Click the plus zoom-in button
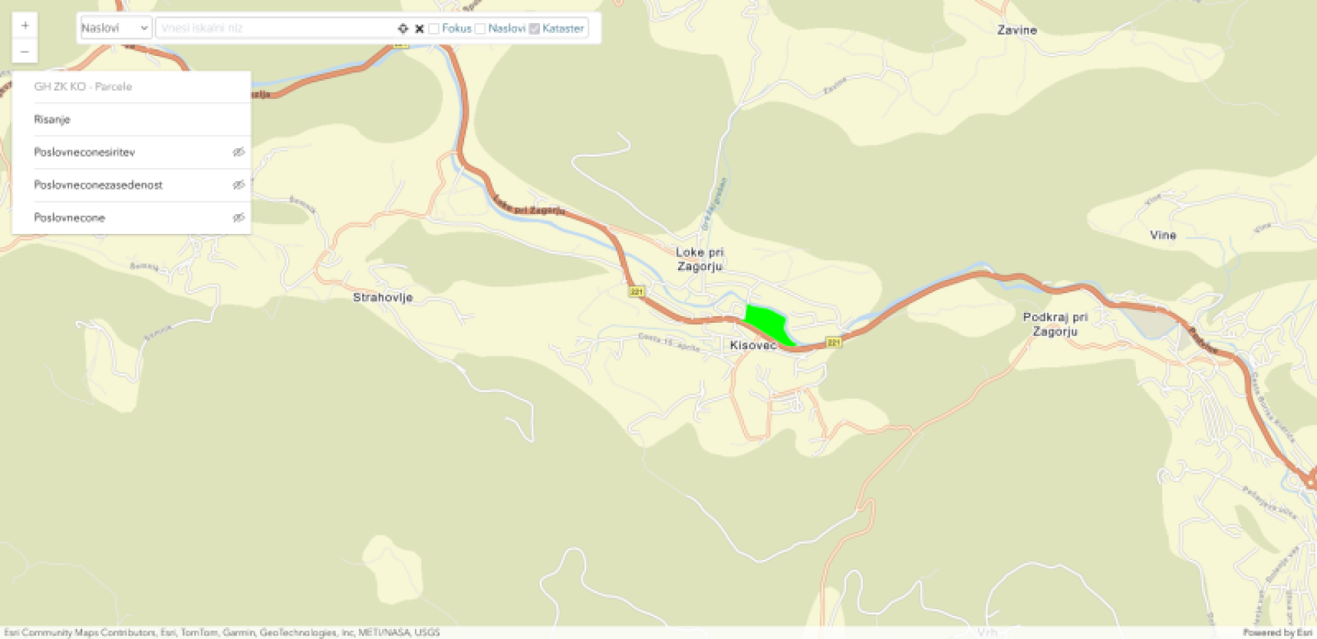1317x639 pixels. [25, 26]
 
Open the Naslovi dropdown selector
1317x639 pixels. [115, 28]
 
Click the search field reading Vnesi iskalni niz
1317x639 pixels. [275, 28]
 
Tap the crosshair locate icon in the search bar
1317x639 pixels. [403, 28]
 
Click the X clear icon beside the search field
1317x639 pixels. [419, 28]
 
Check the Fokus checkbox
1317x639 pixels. [434, 29]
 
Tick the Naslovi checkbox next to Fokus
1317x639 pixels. [480, 29]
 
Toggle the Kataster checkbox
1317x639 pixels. [535, 29]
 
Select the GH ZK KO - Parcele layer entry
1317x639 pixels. [83, 86]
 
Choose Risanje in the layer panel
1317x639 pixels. [52, 119]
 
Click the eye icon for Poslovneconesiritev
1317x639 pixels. [238, 152]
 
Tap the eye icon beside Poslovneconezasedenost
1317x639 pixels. [238, 185]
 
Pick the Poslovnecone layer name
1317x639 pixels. [70, 217]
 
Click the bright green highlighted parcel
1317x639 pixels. [766, 323]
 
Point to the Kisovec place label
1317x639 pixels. [753, 345]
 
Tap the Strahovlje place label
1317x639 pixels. [383, 297]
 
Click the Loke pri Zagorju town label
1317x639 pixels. [699, 259]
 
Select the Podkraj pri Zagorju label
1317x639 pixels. [1055, 324]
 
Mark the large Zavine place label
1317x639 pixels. [1017, 30]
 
